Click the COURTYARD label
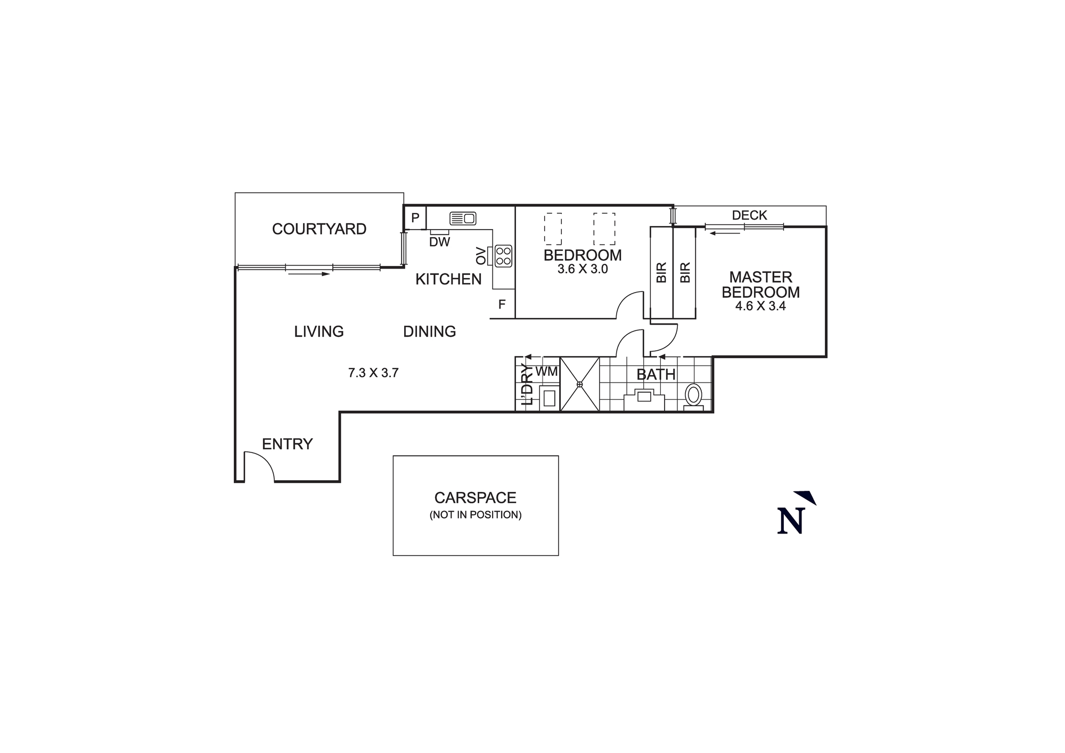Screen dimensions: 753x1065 coord(319,229)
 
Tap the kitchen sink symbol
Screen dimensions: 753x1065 coord(463,218)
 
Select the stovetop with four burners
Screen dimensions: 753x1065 coord(503,256)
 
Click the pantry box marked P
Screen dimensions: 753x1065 coord(415,218)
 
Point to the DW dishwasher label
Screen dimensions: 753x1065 coord(439,242)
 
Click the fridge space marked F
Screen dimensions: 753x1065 coord(502,305)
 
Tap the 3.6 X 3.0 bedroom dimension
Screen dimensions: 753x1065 coord(583,269)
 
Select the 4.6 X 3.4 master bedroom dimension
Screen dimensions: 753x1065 coord(760,306)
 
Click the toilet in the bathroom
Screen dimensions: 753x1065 coord(693,395)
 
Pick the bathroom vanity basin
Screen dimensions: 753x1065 coord(644,396)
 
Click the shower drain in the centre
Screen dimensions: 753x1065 coord(579,384)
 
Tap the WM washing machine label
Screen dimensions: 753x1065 coord(546,371)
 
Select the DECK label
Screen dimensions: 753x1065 coord(749,215)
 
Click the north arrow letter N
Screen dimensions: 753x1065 coord(790,521)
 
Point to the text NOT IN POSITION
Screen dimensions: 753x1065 coord(476,515)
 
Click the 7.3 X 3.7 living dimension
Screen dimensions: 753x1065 coord(373,373)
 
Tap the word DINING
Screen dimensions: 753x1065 coord(429,331)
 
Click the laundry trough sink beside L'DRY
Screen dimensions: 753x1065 coord(549,399)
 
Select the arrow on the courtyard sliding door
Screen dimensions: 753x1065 coord(309,274)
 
